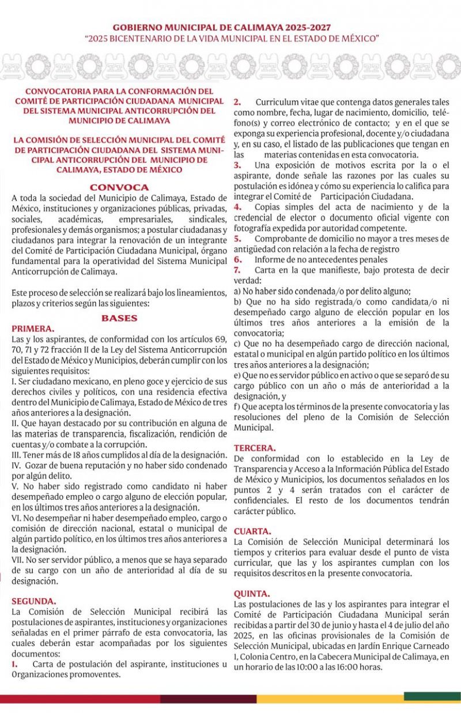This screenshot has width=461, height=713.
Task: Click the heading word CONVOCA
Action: click(x=119, y=187)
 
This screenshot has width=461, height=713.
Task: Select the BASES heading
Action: click(x=119, y=318)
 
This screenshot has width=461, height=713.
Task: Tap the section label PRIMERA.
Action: click(x=33, y=329)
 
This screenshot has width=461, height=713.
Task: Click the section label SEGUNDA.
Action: click(x=34, y=600)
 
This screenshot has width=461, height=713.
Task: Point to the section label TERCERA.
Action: click(x=255, y=448)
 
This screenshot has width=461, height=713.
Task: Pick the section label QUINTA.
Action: click(x=252, y=593)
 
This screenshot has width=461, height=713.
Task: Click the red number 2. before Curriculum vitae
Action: click(x=237, y=102)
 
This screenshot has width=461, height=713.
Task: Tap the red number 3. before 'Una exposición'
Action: click(x=237, y=165)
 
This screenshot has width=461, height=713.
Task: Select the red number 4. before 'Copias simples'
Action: click(x=237, y=207)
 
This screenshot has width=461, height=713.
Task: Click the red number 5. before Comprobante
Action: click(x=237, y=239)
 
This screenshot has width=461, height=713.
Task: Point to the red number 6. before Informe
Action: click(x=237, y=259)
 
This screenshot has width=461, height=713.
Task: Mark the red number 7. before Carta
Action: click(x=237, y=270)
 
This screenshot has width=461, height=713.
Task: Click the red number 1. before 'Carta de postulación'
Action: click(x=15, y=664)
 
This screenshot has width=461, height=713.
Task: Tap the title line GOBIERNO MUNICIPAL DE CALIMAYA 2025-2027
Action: click(x=231, y=28)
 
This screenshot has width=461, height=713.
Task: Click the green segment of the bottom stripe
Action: click(x=432, y=696)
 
